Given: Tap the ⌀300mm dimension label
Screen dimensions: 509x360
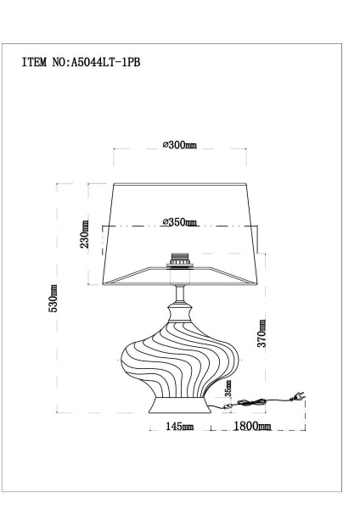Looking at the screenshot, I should (179, 146).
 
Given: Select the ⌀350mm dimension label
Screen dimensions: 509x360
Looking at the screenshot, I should (179, 222).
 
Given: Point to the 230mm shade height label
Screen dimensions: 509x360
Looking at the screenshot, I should (85, 234).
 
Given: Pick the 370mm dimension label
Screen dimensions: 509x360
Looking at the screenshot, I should (262, 333).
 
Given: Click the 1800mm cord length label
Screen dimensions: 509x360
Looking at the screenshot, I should (252, 424).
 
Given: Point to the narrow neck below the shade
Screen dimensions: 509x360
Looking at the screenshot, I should (179, 298).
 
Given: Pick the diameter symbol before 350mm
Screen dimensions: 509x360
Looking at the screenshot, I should (165, 222).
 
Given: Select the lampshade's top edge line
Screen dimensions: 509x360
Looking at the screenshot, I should (179, 183).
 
